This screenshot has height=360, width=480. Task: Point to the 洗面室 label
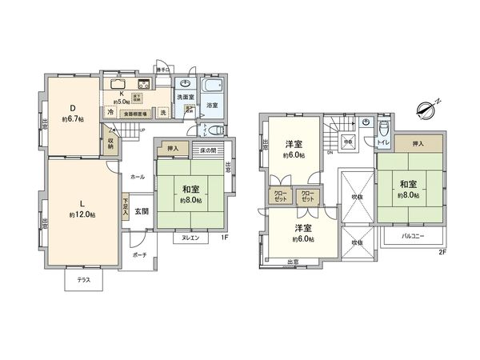click(x=185, y=97)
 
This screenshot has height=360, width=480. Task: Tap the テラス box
click(x=82, y=280)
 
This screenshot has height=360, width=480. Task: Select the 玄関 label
click(x=141, y=211)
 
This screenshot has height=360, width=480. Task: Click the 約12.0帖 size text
click(x=82, y=215)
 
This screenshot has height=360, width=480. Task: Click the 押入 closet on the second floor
click(x=417, y=145)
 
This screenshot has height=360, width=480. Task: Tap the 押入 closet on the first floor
click(x=173, y=149)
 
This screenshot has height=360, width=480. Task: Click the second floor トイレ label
click(x=382, y=142)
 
